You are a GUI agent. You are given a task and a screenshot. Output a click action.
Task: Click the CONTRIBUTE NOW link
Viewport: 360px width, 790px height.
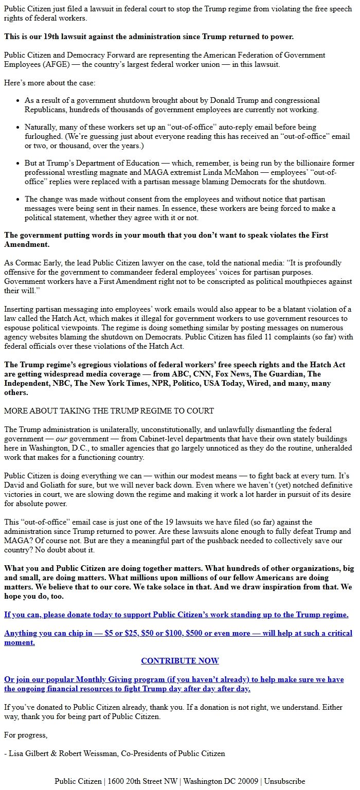click(180, 661)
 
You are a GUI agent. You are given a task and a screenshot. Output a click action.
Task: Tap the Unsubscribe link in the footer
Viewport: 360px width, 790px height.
click(284, 781)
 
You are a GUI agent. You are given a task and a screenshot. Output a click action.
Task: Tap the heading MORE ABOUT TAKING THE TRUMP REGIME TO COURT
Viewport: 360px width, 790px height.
click(109, 410)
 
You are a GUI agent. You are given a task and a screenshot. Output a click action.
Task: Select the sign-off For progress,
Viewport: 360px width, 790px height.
click(26, 735)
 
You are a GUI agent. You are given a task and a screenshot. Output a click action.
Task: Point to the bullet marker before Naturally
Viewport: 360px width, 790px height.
click(18, 127)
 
